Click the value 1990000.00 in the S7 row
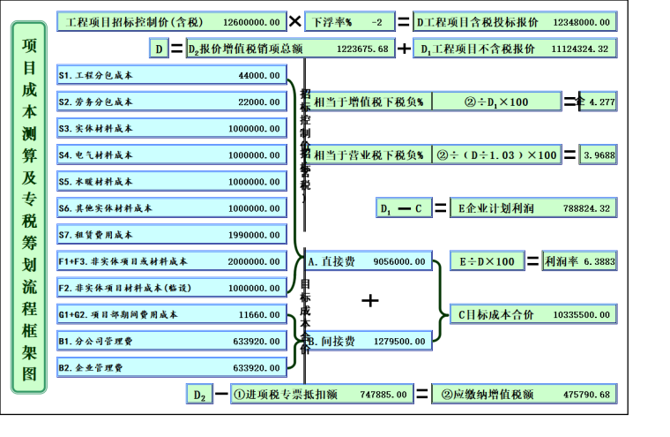click(x=251, y=235)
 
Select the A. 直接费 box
click(x=369, y=261)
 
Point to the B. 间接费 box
click(x=369, y=341)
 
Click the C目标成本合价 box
click(x=533, y=314)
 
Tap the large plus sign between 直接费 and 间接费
click(x=370, y=301)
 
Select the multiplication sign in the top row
click(x=294, y=19)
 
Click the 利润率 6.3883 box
click(x=579, y=261)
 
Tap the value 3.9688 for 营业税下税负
click(x=599, y=155)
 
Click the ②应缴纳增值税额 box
click(x=525, y=394)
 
